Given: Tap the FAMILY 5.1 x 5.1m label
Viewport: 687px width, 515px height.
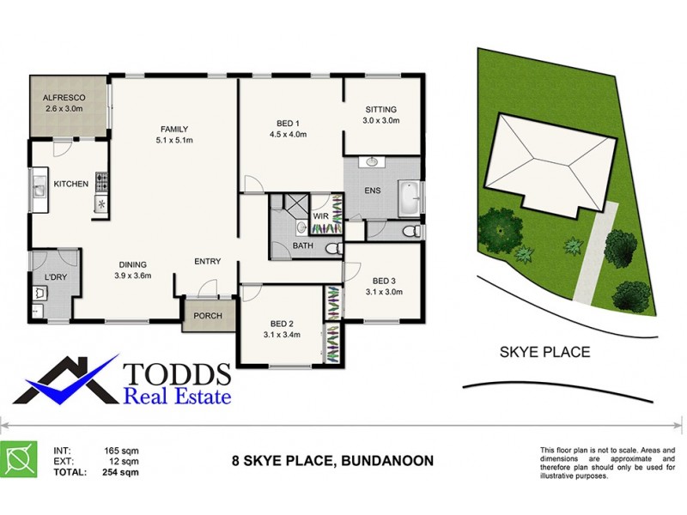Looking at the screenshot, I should (x=173, y=134).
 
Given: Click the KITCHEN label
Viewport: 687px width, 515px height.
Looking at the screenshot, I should (x=71, y=184).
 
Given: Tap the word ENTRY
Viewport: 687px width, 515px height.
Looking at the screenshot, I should (x=208, y=262).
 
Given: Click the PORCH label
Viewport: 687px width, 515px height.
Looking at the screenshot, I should (x=208, y=316).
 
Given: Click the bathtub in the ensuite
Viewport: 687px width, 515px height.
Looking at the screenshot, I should (x=409, y=198).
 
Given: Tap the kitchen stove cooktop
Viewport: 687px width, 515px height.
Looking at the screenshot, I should (x=102, y=181).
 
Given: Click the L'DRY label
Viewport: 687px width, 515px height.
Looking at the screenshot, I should (x=54, y=276).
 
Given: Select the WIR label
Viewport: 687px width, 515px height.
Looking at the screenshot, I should (x=320, y=217).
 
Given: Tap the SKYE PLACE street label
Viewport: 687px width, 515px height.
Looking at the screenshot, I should (x=544, y=352).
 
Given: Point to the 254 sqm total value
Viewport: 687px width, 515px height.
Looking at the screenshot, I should (x=122, y=472).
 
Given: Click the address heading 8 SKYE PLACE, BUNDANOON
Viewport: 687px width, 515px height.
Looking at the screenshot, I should (x=333, y=461).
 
